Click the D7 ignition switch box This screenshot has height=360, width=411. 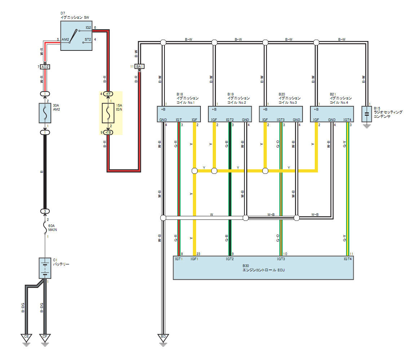pyautogui.click(x=76, y=36)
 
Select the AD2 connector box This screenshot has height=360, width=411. pyautogui.click(x=45, y=67)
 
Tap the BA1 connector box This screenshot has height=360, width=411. pyautogui.click(x=140, y=66)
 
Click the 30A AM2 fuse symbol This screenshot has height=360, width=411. pyautogui.click(x=45, y=112)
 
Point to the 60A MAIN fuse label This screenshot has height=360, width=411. pyautogui.click(x=53, y=227)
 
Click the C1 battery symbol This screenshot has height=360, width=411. pyautogui.click(x=45, y=268)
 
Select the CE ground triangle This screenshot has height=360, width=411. pyautogui.click(x=26, y=338)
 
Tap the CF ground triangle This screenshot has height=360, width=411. pyautogui.click(x=45, y=338)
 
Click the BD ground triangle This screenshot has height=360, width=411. pyautogui.click(x=163, y=338)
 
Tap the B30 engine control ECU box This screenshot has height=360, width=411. pyautogui.click(x=263, y=268)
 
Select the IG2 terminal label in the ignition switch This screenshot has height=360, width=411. pyautogui.click(x=88, y=28)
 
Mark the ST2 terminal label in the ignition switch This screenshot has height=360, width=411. pyautogui.click(x=88, y=39)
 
